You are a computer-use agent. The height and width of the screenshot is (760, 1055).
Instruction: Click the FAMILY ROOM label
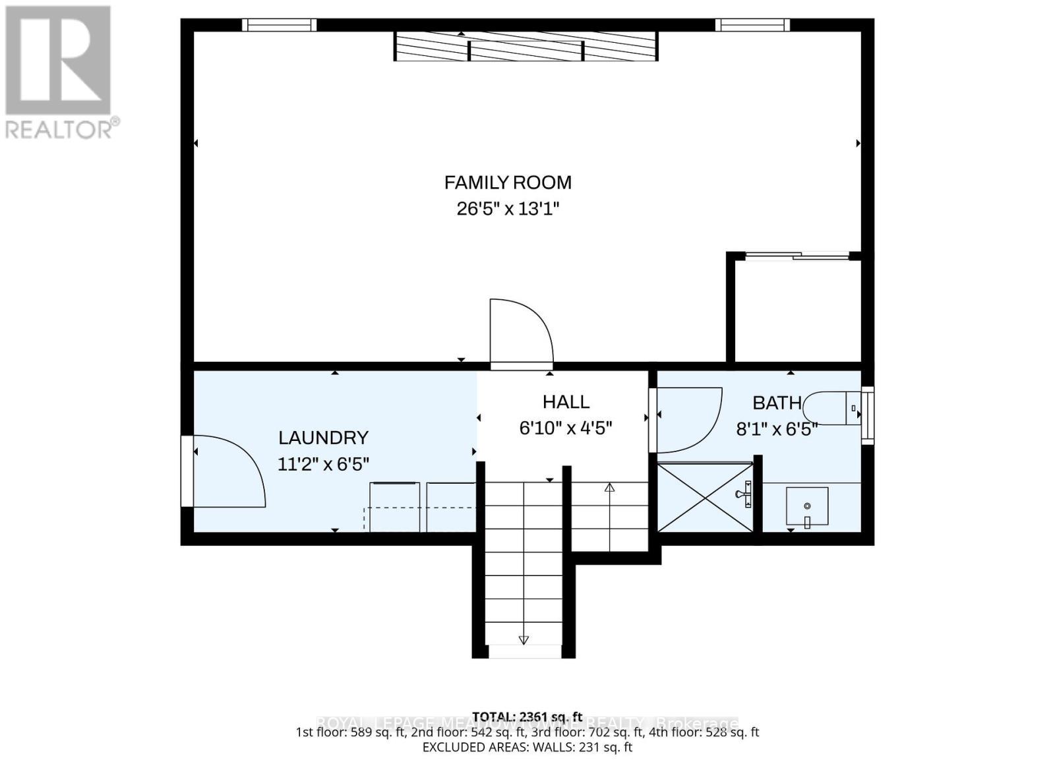pyautogui.click(x=507, y=183)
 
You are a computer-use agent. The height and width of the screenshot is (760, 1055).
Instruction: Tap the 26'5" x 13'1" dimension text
pyautogui.click(x=507, y=209)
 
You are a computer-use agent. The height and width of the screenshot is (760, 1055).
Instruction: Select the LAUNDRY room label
pyautogui.click(x=323, y=438)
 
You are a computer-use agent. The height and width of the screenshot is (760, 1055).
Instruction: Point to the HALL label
pyautogui.click(x=566, y=402)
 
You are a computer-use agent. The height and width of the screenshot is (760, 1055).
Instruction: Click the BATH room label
pyautogui.click(x=777, y=403)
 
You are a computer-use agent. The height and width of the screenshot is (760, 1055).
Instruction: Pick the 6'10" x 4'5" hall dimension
pyautogui.click(x=566, y=428)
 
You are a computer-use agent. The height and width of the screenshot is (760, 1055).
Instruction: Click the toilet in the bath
pyautogui.click(x=834, y=408)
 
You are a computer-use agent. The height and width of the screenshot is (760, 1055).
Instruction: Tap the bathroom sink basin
pyautogui.click(x=807, y=506)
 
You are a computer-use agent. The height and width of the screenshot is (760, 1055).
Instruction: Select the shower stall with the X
pyautogui.click(x=705, y=497)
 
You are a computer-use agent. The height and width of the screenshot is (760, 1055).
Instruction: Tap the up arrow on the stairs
pyautogui.click(x=609, y=488)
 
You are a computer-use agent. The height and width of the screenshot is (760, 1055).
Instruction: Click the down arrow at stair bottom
pyautogui.click(x=524, y=639)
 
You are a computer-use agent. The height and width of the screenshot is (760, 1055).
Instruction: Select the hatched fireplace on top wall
pyautogui.click(x=526, y=46)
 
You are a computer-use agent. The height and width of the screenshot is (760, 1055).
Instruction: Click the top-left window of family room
pyautogui.click(x=279, y=25)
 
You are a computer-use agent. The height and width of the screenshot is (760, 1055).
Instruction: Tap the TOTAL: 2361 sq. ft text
pyautogui.click(x=527, y=716)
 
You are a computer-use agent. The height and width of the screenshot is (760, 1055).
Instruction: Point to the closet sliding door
pyautogui.click(x=797, y=256)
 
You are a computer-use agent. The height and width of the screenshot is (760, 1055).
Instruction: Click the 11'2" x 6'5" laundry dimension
pyautogui.click(x=323, y=464)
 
